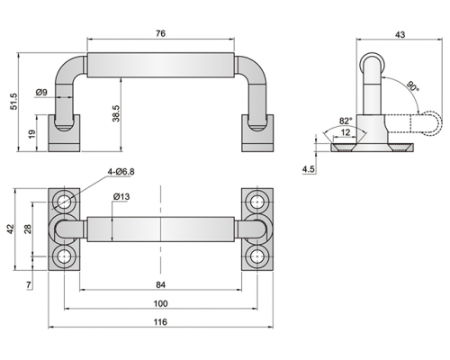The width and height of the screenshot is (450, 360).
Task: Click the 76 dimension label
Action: [160, 33]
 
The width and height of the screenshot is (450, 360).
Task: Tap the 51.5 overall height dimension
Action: [14, 102]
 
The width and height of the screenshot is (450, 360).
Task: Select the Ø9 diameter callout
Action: [41, 92]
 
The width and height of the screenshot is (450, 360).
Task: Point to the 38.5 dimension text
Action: [116, 113]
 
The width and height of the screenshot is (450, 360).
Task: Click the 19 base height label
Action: [32, 133]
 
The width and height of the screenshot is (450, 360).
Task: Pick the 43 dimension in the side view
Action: [400, 35]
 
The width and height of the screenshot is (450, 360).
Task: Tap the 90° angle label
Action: [413, 85]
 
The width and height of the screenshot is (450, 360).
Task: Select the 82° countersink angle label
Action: [346, 121]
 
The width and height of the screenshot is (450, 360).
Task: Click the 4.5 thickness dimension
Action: [309, 169]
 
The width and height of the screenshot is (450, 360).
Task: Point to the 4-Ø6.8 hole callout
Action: [121, 172]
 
